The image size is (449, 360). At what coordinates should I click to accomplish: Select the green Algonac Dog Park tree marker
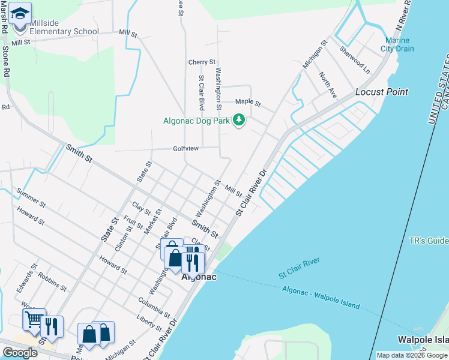point(240,120)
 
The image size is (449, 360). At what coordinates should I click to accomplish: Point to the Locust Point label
point(382,92)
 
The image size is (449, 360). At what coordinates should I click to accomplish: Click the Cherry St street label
point(202,62)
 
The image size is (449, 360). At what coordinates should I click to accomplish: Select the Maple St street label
point(248,103)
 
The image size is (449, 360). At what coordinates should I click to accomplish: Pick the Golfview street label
point(186,148)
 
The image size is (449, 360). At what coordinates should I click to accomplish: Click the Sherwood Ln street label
point(354,57)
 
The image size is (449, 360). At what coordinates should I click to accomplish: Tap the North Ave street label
point(328,85)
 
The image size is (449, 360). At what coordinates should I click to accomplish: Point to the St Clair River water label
point(300,268)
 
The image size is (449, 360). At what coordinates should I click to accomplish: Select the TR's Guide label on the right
point(428,241)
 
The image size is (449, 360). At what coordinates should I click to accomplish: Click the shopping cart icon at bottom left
point(34,319)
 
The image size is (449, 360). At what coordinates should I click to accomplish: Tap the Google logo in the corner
point(20,353)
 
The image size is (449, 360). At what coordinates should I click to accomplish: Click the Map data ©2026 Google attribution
point(412,355)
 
